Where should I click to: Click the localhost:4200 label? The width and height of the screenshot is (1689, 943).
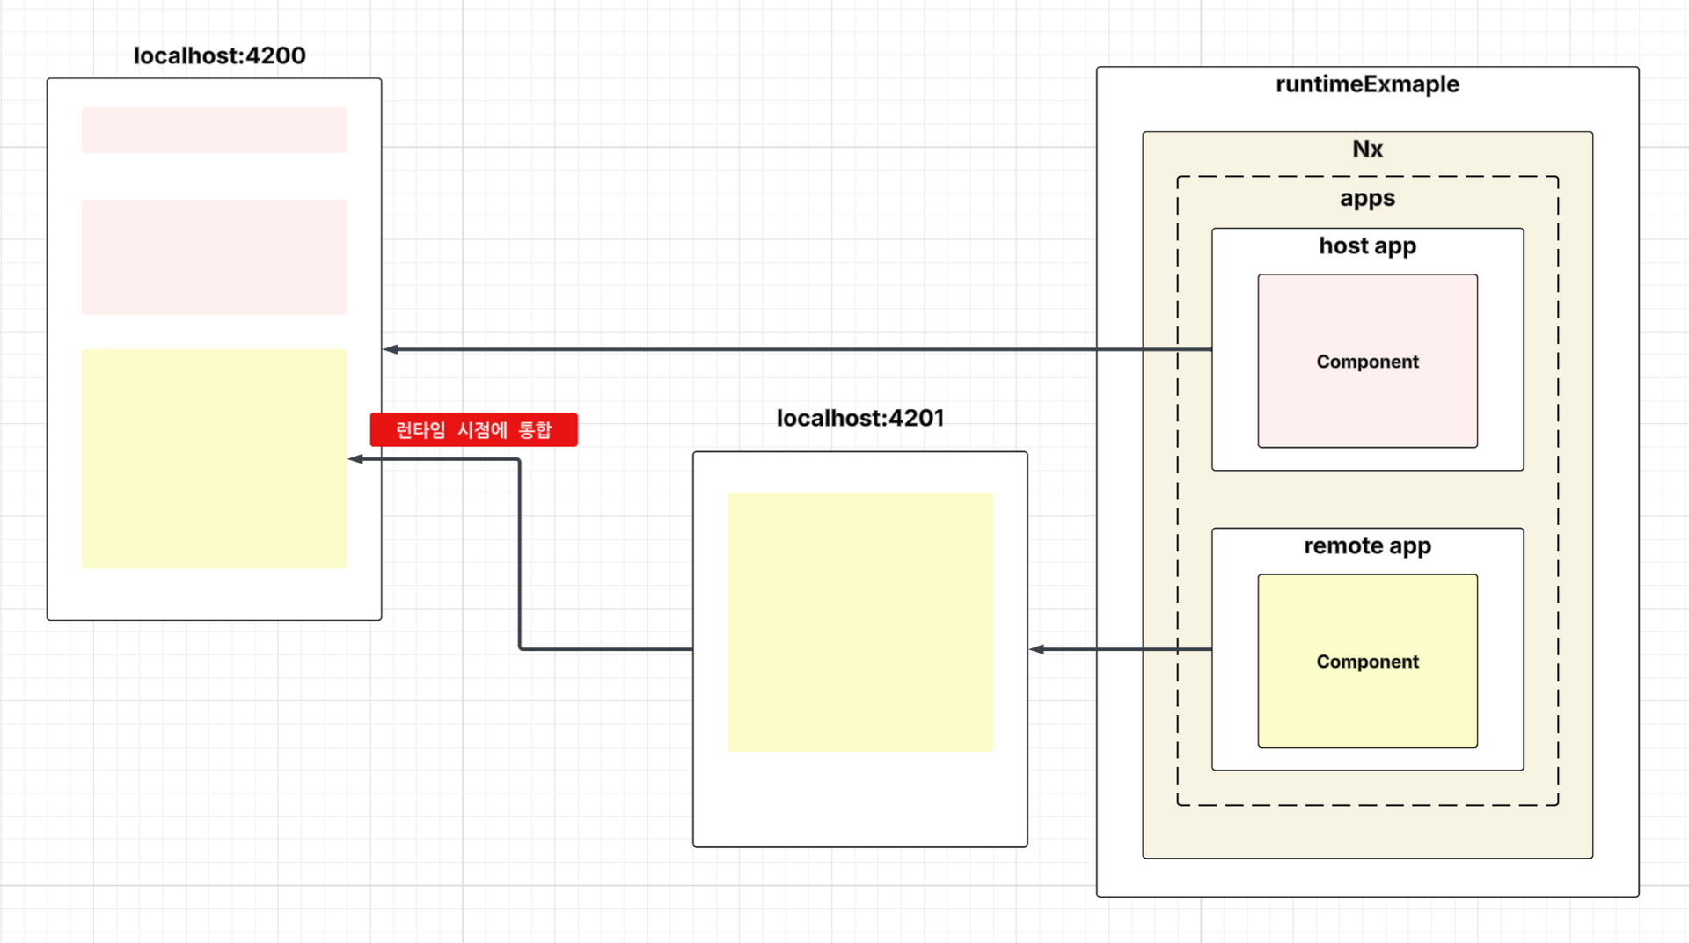(x=219, y=55)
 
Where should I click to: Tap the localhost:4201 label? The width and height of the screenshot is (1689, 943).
(x=859, y=418)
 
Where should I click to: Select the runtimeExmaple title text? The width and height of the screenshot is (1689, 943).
(x=1367, y=84)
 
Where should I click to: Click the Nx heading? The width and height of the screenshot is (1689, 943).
(x=1367, y=149)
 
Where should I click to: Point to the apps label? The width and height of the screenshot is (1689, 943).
(x=1367, y=198)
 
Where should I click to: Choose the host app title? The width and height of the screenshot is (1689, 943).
(x=1367, y=245)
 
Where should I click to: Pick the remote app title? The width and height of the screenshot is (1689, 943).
(x=1367, y=545)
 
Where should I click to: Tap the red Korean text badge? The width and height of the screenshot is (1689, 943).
(x=473, y=429)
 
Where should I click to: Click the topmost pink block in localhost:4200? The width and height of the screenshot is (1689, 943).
(x=214, y=130)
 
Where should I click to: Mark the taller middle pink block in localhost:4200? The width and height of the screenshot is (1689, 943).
(x=214, y=257)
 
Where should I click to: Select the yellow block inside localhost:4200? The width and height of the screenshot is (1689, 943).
(x=214, y=458)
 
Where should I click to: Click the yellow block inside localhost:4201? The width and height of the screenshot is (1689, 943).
(x=859, y=622)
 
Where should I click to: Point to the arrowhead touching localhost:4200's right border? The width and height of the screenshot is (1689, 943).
(x=391, y=349)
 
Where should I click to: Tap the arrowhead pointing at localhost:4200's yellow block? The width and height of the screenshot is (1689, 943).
(x=355, y=459)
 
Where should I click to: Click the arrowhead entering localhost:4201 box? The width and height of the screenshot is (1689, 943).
(x=1036, y=649)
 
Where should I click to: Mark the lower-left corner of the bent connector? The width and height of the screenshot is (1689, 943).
(x=520, y=649)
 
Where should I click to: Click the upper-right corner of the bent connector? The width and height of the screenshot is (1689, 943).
(x=520, y=459)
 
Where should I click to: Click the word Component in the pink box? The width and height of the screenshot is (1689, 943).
(x=1367, y=362)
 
